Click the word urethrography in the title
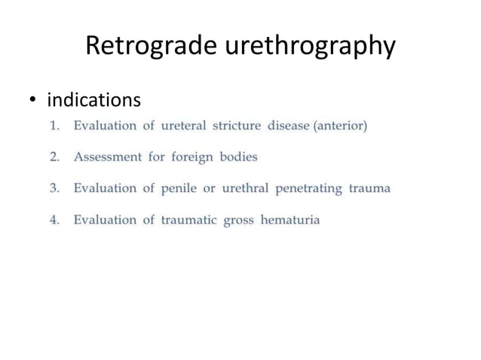click(x=309, y=47)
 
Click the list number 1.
click(x=54, y=126)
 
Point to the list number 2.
click(x=54, y=157)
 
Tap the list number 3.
click(x=54, y=188)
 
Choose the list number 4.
click(x=54, y=220)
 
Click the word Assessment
click(x=108, y=157)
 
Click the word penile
click(x=177, y=188)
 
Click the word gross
click(x=238, y=220)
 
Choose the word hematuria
click(x=290, y=220)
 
